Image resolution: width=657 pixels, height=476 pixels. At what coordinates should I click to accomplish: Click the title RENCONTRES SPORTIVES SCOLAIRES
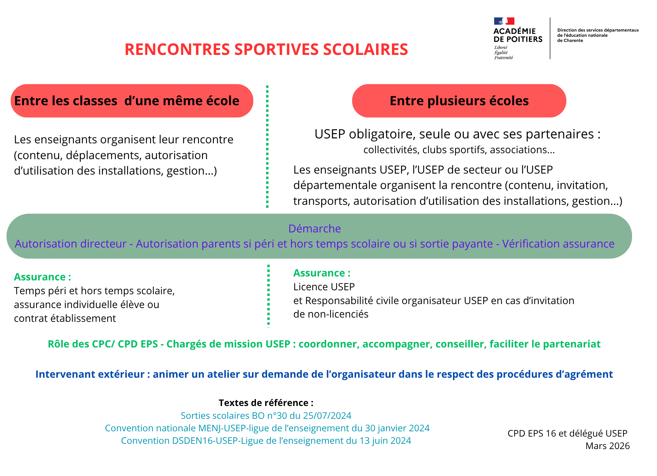click(266, 50)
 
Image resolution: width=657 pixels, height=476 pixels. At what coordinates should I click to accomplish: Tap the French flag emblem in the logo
click(504, 21)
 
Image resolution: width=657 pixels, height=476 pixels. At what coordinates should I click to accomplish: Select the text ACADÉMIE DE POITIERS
click(518, 35)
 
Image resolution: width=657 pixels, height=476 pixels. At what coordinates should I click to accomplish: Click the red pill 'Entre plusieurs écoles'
click(459, 101)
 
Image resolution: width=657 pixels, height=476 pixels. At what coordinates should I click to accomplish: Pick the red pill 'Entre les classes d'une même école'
click(132, 101)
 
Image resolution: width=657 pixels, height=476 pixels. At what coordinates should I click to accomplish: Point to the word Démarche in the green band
click(314, 228)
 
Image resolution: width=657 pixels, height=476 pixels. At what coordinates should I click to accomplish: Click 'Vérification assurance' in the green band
click(558, 244)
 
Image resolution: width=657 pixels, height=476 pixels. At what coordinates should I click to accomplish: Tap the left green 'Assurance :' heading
click(42, 277)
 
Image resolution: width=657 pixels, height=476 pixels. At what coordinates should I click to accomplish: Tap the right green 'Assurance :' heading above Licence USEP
click(322, 273)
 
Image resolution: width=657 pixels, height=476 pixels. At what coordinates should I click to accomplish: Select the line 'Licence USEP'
click(324, 287)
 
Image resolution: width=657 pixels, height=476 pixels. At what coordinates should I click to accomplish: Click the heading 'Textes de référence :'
click(266, 403)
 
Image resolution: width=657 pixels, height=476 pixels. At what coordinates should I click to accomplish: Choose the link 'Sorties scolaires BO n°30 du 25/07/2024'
click(266, 416)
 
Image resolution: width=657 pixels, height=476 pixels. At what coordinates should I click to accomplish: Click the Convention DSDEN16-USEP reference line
click(266, 440)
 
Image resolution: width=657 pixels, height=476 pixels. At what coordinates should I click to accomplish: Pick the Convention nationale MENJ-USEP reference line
click(267, 428)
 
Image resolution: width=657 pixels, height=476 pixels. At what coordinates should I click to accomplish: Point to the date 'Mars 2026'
click(607, 446)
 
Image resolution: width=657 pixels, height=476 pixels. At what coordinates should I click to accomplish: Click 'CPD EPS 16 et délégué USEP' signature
click(567, 433)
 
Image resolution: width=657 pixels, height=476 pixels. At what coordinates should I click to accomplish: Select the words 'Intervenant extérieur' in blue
click(90, 374)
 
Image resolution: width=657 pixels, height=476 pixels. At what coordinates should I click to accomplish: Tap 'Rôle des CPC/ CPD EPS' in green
click(103, 344)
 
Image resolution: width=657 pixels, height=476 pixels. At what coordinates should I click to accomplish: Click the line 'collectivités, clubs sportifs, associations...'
click(459, 150)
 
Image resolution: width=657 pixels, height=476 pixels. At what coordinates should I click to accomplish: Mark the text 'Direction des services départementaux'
click(598, 30)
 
